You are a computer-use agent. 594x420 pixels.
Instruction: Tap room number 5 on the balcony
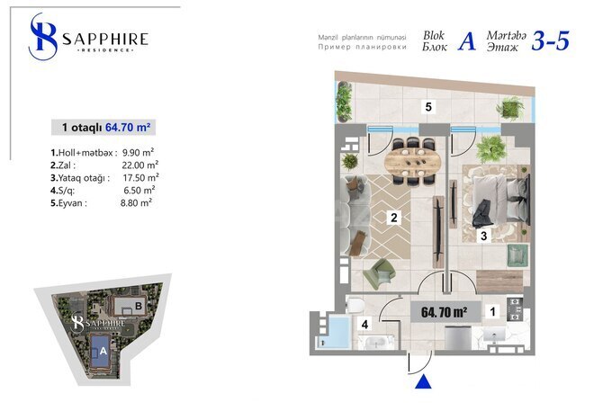[429, 107]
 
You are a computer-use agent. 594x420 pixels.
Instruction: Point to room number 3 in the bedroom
[483, 237]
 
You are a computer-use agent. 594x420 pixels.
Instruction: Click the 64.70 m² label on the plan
[444, 312]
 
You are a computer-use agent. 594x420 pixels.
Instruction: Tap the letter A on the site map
[103, 352]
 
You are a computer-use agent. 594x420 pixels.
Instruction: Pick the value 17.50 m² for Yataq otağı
[139, 177]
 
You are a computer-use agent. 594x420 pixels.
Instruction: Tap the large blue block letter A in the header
[466, 42]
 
